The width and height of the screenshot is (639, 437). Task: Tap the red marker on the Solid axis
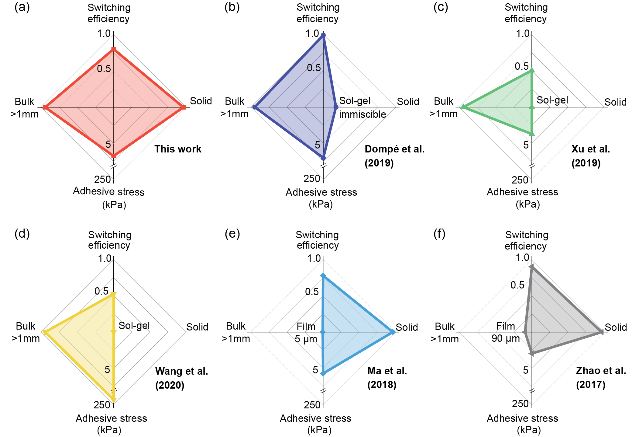click(x=183, y=107)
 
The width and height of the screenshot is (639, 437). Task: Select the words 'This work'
click(x=178, y=149)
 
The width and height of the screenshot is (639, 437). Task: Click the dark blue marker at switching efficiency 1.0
click(x=323, y=35)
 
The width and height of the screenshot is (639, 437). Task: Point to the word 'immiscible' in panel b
click(x=362, y=114)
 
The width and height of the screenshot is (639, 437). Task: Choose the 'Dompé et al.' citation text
click(x=394, y=149)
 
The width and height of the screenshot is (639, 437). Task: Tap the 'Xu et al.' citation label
click(x=590, y=149)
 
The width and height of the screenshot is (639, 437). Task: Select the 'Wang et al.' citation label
click(x=181, y=371)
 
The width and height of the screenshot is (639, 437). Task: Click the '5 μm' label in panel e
click(x=306, y=339)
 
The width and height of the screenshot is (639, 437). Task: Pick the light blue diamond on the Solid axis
click(x=393, y=332)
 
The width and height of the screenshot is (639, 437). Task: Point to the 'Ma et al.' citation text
click(x=387, y=371)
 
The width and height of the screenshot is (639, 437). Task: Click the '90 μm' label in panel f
click(x=506, y=338)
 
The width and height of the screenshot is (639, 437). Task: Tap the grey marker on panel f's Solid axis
click(x=600, y=332)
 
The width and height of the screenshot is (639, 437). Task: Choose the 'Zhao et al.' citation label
click(x=601, y=371)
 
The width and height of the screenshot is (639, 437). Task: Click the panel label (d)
click(x=22, y=233)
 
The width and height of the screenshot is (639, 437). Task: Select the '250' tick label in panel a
click(x=102, y=180)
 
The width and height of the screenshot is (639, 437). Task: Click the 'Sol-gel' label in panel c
click(x=552, y=100)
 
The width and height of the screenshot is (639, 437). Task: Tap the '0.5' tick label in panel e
click(x=312, y=292)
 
